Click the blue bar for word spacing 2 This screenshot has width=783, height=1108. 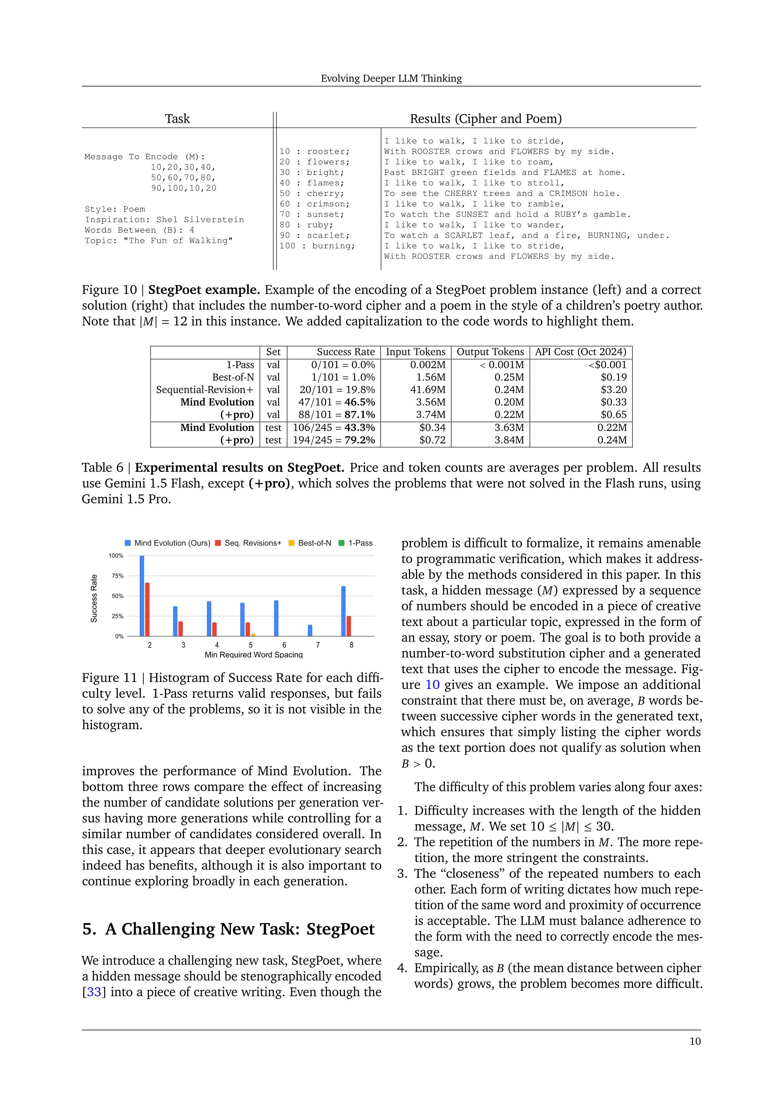click(x=142, y=595)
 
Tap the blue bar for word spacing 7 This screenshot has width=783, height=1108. click(x=310, y=630)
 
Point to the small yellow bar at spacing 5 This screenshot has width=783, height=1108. click(x=253, y=635)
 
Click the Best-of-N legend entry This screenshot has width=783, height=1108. click(x=309, y=543)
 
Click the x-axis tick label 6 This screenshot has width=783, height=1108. click(x=284, y=645)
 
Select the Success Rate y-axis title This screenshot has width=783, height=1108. click(x=94, y=598)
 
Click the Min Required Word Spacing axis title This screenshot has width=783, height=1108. click(x=253, y=655)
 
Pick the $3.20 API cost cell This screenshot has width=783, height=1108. click(x=614, y=389)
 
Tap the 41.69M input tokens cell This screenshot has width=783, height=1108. click(x=428, y=389)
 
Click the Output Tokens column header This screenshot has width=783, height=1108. click(x=490, y=352)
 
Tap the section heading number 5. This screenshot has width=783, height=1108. click(x=87, y=929)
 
